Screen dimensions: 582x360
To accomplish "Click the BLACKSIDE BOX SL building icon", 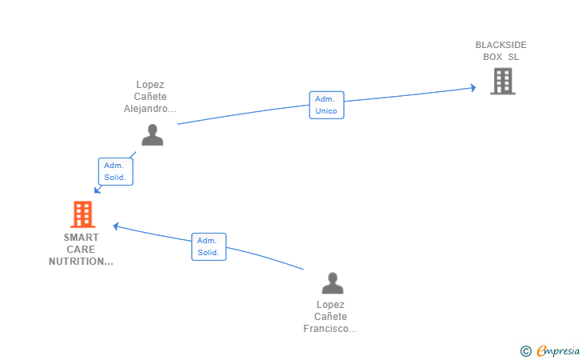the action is (x=503, y=81).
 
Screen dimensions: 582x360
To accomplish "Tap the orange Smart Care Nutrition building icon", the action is (x=83, y=214).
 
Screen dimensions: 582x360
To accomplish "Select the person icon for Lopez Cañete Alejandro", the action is (x=152, y=134).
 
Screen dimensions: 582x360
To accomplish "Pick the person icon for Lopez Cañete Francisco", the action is (x=333, y=283).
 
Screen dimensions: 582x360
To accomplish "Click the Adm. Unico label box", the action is (x=327, y=105).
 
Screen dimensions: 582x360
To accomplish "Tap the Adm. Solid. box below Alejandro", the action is (x=115, y=172).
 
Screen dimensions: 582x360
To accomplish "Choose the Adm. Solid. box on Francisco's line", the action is (x=209, y=246).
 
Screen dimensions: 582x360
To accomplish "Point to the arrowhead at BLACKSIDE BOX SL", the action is (x=473, y=88).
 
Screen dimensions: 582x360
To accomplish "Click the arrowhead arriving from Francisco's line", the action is (x=116, y=226).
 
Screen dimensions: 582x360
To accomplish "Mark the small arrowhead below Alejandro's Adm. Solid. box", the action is (x=98, y=190).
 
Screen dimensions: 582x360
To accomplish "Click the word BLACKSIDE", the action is (x=500, y=45).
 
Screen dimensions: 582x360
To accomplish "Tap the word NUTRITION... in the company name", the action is (x=81, y=262).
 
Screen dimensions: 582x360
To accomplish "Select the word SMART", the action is (x=82, y=238).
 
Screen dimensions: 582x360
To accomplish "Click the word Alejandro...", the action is (x=150, y=109).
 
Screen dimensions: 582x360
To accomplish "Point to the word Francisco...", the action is (x=330, y=329).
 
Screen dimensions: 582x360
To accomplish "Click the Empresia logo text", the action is (x=558, y=350).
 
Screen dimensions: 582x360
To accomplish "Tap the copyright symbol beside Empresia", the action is (x=525, y=351).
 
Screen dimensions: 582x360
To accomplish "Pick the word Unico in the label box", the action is (x=326, y=111).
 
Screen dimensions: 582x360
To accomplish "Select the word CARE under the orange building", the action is (x=81, y=250).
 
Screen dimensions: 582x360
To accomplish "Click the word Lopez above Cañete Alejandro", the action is (x=150, y=85).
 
